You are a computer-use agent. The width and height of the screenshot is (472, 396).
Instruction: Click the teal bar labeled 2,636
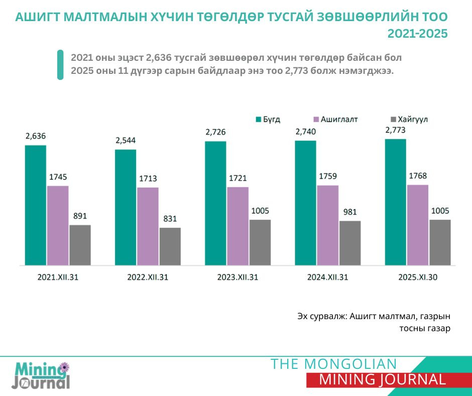36,205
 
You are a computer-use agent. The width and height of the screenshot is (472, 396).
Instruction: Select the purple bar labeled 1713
148,226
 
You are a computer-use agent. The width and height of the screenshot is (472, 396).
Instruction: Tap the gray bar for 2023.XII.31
260,242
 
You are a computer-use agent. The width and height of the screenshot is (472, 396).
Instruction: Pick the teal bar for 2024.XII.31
305,203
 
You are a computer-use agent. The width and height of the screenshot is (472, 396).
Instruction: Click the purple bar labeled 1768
417,225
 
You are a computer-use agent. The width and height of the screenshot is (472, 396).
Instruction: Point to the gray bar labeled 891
80,245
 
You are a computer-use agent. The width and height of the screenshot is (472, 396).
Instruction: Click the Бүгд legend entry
269,120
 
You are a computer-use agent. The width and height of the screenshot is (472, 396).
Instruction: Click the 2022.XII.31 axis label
148,277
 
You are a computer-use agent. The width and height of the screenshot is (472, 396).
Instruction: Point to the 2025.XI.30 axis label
418,277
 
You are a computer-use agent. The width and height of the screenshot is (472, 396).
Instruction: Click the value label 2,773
395,131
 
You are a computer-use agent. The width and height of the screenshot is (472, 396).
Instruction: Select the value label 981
349,212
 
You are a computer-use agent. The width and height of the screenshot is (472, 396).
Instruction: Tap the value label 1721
238,178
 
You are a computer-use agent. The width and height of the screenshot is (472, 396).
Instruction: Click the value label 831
170,219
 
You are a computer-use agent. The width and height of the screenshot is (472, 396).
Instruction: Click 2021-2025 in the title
417,34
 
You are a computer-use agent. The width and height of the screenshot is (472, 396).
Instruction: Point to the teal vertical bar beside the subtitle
60,64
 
